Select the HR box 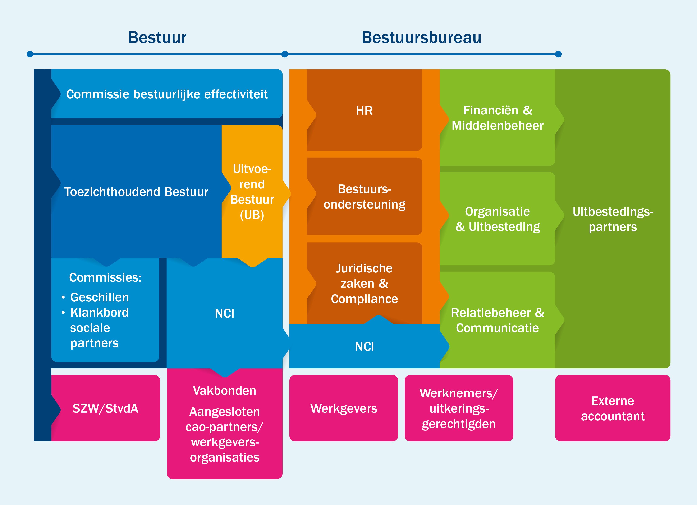coord(364,111)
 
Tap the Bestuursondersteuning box coord(364,196)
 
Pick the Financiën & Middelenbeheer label coord(497,118)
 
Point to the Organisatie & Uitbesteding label coord(497,219)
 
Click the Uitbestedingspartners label coord(613,219)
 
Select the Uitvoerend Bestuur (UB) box coord(252,192)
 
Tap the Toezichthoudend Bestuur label coord(136,192)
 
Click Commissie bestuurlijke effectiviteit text coord(167,94)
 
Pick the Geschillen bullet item coord(99,297)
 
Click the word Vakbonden coord(224,391)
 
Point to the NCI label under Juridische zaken coord(364,347)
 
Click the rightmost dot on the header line coord(558,54)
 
